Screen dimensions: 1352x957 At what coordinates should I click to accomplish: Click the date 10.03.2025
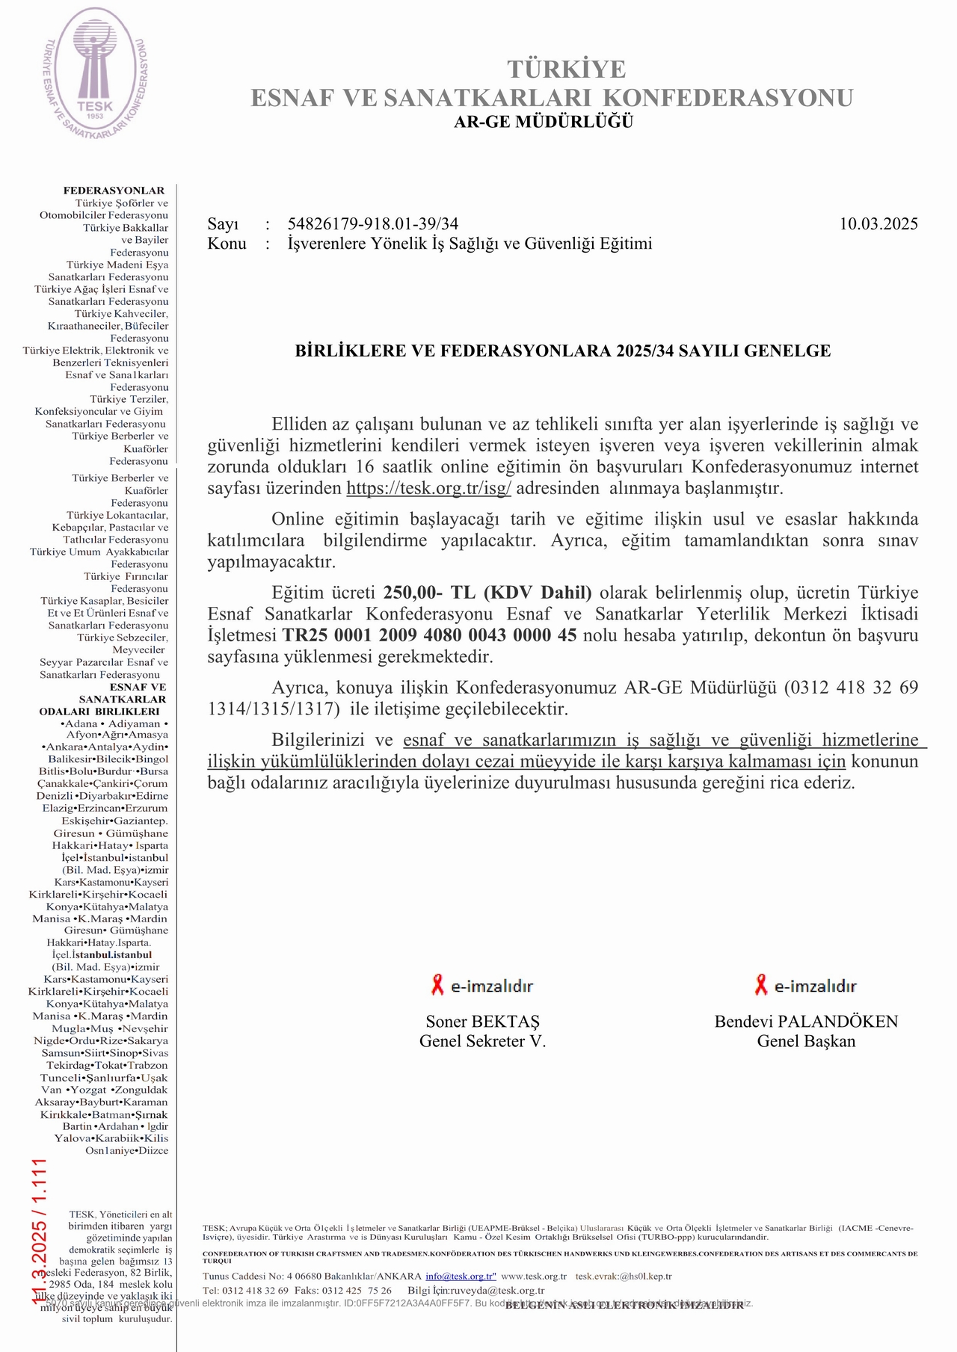(878, 223)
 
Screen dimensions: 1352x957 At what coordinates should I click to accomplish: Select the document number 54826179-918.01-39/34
(372, 223)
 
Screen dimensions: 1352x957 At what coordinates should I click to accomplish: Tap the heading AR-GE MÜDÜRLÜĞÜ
(544, 122)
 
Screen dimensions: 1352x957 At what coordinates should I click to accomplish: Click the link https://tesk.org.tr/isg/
(428, 489)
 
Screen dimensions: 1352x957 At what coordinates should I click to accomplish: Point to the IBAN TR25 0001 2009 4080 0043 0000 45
(429, 636)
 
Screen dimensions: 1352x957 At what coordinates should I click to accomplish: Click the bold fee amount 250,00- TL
(429, 593)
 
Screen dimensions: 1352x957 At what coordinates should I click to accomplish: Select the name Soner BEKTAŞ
(482, 1022)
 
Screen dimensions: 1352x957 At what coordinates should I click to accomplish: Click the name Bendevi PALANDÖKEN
(806, 1022)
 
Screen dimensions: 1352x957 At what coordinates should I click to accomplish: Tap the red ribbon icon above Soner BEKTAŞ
(437, 985)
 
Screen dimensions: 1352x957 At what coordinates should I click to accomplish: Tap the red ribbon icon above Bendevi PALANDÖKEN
(761, 985)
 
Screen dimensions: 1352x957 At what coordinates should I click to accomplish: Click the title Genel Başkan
(806, 1041)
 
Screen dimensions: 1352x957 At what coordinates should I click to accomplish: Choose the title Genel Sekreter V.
(482, 1041)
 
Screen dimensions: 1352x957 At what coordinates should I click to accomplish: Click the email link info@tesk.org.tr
(461, 1277)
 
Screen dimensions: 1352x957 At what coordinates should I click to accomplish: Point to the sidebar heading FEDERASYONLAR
(114, 191)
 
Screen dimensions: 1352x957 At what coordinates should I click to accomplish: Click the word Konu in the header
(227, 244)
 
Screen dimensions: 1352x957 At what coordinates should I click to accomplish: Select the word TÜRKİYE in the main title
(567, 70)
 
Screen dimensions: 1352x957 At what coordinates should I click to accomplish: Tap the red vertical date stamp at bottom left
(39, 1230)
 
